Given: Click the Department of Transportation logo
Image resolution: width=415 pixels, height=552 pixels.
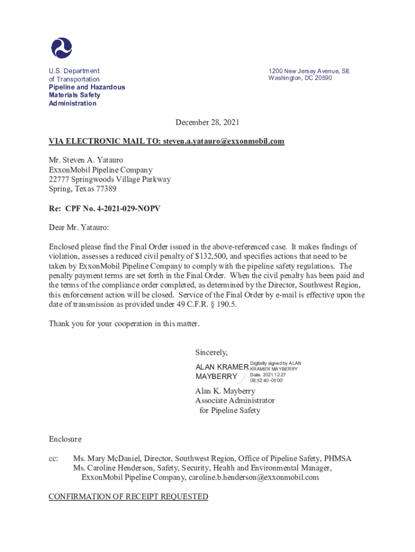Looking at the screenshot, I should tap(61, 47).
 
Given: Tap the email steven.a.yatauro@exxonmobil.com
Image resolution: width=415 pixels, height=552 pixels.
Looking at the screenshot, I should tap(223, 141).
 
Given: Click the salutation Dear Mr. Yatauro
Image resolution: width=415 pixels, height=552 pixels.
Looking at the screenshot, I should tap(79, 227).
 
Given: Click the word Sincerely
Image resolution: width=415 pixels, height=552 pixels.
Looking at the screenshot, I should tap(211, 353).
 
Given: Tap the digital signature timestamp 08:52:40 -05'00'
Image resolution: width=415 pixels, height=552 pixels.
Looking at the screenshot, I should tap(267, 381).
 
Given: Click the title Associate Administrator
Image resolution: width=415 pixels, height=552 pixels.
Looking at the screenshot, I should tap(234, 401).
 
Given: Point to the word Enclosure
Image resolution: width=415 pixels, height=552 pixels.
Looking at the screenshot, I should tap(65, 439).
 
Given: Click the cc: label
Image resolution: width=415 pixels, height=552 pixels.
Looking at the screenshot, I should tap(53, 459).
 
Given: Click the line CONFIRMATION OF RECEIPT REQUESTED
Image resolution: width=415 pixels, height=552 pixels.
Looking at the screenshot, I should tap(128, 496).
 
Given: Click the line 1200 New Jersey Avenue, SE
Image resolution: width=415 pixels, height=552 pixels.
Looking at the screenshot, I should tap(309, 71).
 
